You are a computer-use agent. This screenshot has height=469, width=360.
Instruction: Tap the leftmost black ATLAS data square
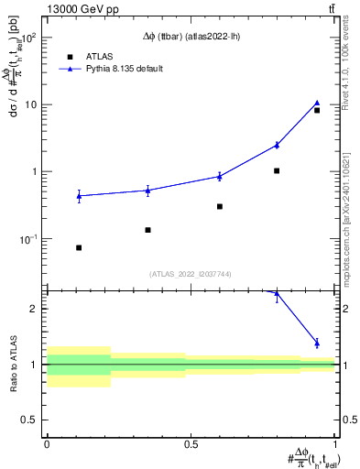[x=79, y=247]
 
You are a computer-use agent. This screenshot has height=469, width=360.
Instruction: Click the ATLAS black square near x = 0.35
[x=147, y=230]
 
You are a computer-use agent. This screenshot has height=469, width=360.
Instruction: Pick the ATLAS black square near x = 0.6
[x=220, y=206]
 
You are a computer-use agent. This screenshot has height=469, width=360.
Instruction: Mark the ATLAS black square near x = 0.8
[x=277, y=170]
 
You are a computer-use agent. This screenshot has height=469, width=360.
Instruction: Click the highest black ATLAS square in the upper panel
[x=317, y=110]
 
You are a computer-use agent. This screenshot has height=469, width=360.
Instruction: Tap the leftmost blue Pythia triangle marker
[x=79, y=195]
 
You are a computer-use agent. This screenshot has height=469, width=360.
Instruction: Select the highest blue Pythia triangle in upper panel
[x=317, y=104]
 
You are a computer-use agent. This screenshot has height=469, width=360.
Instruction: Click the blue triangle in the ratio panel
[x=317, y=343]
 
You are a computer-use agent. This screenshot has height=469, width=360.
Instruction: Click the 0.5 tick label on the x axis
[x=191, y=443]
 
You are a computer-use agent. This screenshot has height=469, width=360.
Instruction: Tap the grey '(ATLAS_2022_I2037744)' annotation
[x=191, y=274]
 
